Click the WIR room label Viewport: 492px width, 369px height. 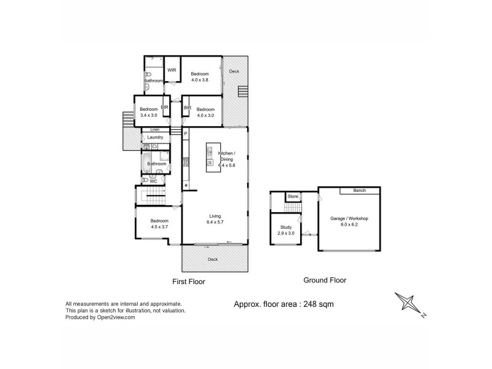172,70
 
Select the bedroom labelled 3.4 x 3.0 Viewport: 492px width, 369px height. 149,112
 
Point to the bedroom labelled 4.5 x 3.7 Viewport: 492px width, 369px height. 159,224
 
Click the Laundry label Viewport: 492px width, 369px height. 155,137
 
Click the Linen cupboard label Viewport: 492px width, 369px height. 155,130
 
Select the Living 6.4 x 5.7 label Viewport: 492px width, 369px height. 215,219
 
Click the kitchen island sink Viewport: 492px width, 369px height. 210,151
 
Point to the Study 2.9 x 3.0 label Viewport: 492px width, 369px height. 285,231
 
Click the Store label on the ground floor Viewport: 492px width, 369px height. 293,196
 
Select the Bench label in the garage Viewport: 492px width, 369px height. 359,191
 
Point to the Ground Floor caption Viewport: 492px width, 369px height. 325,280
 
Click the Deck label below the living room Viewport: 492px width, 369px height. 213,260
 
